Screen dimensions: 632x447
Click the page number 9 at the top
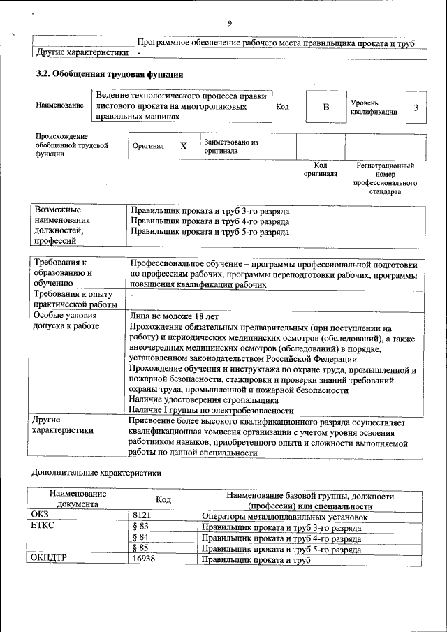point(230,24)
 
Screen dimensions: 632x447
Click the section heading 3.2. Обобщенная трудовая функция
point(110,73)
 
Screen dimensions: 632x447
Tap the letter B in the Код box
point(325,107)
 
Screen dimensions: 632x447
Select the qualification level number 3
point(416,107)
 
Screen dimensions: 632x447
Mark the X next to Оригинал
point(184,147)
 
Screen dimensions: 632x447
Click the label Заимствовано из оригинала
point(231,146)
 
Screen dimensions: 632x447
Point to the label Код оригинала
point(320,170)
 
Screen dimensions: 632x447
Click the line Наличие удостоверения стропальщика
point(204,400)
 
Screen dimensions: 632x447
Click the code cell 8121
point(142,517)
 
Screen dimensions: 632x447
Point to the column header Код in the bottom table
point(163,500)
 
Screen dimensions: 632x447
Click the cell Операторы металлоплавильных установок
point(284,517)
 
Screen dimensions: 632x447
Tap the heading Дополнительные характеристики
point(96,473)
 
